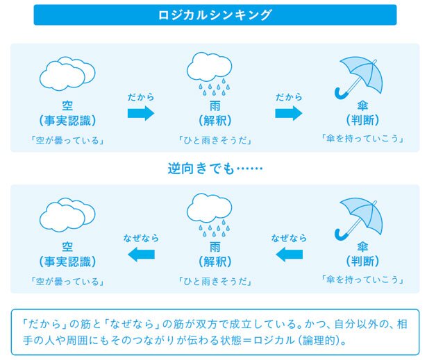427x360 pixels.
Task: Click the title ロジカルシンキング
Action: (x=215, y=15)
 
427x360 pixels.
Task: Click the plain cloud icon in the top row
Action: (x=67, y=74)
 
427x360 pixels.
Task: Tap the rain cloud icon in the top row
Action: (x=209, y=74)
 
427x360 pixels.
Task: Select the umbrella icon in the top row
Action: (x=358, y=78)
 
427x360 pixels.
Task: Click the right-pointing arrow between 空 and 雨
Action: (x=141, y=113)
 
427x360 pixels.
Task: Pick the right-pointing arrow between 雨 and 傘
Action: (x=289, y=113)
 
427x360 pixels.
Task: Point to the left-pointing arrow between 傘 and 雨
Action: (x=289, y=255)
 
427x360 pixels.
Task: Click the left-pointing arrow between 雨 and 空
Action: (x=141, y=255)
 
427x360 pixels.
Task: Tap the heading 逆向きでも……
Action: (x=215, y=168)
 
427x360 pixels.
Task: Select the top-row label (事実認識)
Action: (x=67, y=120)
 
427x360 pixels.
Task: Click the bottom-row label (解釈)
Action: (x=215, y=262)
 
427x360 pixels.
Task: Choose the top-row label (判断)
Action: (x=362, y=120)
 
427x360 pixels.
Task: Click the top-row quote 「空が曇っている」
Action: (x=67, y=140)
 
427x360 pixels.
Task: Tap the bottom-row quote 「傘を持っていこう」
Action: (x=362, y=280)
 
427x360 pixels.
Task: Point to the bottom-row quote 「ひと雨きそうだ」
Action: (x=215, y=282)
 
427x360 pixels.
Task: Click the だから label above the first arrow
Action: (x=141, y=97)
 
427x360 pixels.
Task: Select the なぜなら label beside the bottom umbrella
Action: (x=289, y=238)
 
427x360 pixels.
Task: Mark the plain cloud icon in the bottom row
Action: (x=67, y=215)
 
